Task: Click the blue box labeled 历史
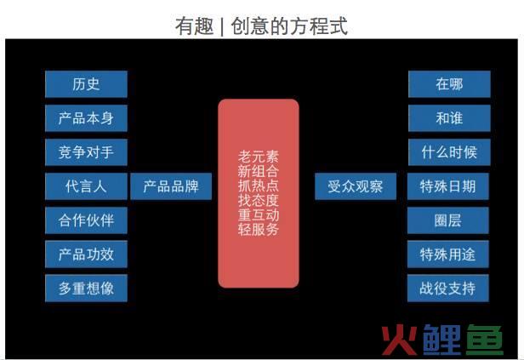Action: click(x=86, y=84)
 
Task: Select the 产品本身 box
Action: click(x=86, y=118)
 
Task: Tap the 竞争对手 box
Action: click(x=86, y=152)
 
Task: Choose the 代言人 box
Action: click(x=86, y=186)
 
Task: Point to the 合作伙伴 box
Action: click(x=86, y=220)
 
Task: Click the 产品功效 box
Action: click(x=86, y=254)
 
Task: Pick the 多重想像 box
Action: click(x=86, y=289)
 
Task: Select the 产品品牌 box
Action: click(x=171, y=186)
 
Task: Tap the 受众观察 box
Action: click(x=356, y=186)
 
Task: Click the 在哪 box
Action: click(x=449, y=84)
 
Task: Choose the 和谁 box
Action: click(x=449, y=118)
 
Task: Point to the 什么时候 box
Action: click(x=449, y=152)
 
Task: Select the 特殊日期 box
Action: click(x=448, y=186)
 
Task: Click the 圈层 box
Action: click(x=448, y=220)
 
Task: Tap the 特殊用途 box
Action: click(x=448, y=254)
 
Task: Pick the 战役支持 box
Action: click(x=448, y=289)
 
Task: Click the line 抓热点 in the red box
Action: click(x=259, y=186)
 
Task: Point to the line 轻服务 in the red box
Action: click(x=259, y=229)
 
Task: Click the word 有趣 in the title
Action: click(x=195, y=26)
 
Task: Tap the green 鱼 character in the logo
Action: click(x=484, y=340)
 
